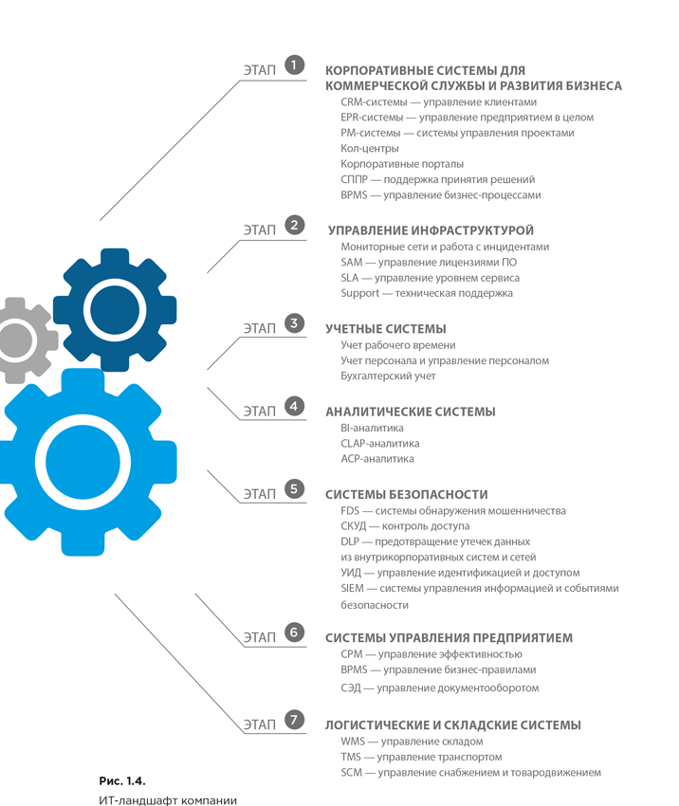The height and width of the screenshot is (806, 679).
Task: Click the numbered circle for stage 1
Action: [294, 64]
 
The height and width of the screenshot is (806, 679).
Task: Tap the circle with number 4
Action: [294, 406]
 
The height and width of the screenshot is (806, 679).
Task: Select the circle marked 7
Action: [294, 719]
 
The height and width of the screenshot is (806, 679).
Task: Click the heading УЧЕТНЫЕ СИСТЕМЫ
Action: [386, 329]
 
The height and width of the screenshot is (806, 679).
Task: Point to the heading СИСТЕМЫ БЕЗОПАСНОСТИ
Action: [407, 494]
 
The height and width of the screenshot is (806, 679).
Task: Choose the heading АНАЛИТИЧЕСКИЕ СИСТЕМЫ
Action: [411, 412]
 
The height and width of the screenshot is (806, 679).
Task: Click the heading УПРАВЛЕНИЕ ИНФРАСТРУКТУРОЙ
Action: [431, 230]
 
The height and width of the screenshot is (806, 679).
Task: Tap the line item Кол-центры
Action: [370, 149]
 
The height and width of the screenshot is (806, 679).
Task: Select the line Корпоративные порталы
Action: [402, 164]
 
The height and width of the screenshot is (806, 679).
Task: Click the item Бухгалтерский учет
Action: [388, 376]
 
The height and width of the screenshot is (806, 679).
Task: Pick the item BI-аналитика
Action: [372, 428]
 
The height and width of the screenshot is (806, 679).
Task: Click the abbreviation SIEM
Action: [352, 588]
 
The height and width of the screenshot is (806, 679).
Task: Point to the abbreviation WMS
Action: [353, 742]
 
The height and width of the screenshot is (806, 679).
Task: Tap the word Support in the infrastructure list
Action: [359, 293]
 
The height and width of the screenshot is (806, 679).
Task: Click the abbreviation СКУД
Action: [354, 526]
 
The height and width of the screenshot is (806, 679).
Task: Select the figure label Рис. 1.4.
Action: [122, 780]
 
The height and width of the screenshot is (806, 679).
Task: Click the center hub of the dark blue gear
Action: [115, 310]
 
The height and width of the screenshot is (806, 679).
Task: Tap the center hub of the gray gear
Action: [14, 340]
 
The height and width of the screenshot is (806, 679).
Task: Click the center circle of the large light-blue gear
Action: [83, 462]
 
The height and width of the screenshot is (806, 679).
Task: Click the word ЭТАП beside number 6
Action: [260, 637]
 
